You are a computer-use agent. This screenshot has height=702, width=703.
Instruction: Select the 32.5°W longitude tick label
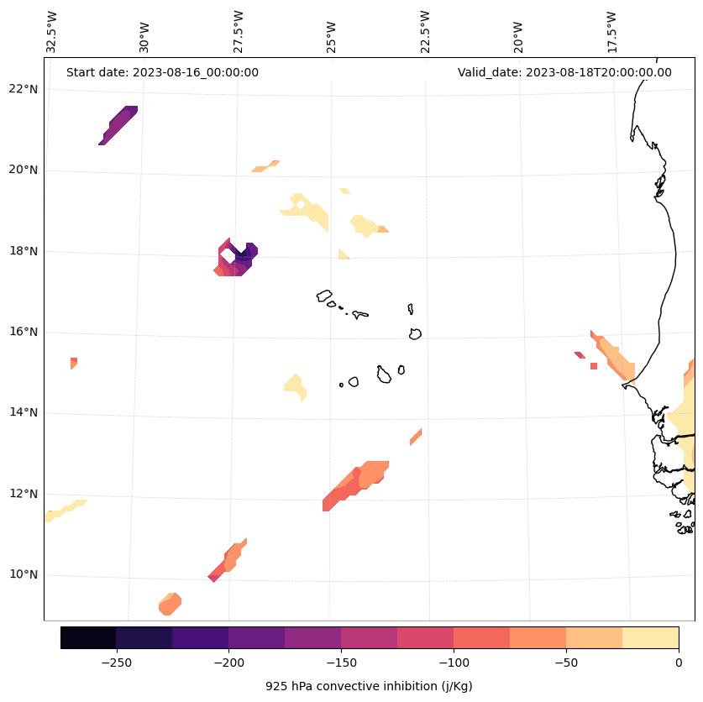click(x=52, y=32)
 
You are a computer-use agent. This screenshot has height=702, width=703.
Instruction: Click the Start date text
click(x=162, y=72)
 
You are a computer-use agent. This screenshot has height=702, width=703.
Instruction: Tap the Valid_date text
click(x=564, y=72)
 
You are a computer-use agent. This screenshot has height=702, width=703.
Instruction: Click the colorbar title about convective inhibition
click(x=369, y=686)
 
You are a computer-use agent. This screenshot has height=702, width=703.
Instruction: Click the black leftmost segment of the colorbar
click(x=88, y=637)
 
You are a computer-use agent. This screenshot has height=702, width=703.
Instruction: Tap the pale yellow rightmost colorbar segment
click(x=650, y=637)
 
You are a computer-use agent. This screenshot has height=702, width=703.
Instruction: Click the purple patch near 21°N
click(x=118, y=124)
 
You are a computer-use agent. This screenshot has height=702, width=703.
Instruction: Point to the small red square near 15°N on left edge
click(x=74, y=362)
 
